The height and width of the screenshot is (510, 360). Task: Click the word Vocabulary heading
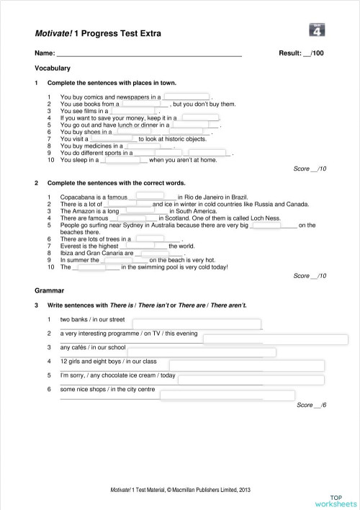pyautogui.click(x=53, y=68)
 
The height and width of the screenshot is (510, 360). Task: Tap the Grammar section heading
pyautogui.click(x=49, y=290)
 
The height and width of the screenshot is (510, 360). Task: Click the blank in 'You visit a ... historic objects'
pyautogui.click(x=112, y=139)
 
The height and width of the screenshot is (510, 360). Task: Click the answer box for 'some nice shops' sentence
pyautogui.click(x=217, y=395)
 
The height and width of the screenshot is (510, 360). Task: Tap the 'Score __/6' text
pyautogui.click(x=311, y=406)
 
